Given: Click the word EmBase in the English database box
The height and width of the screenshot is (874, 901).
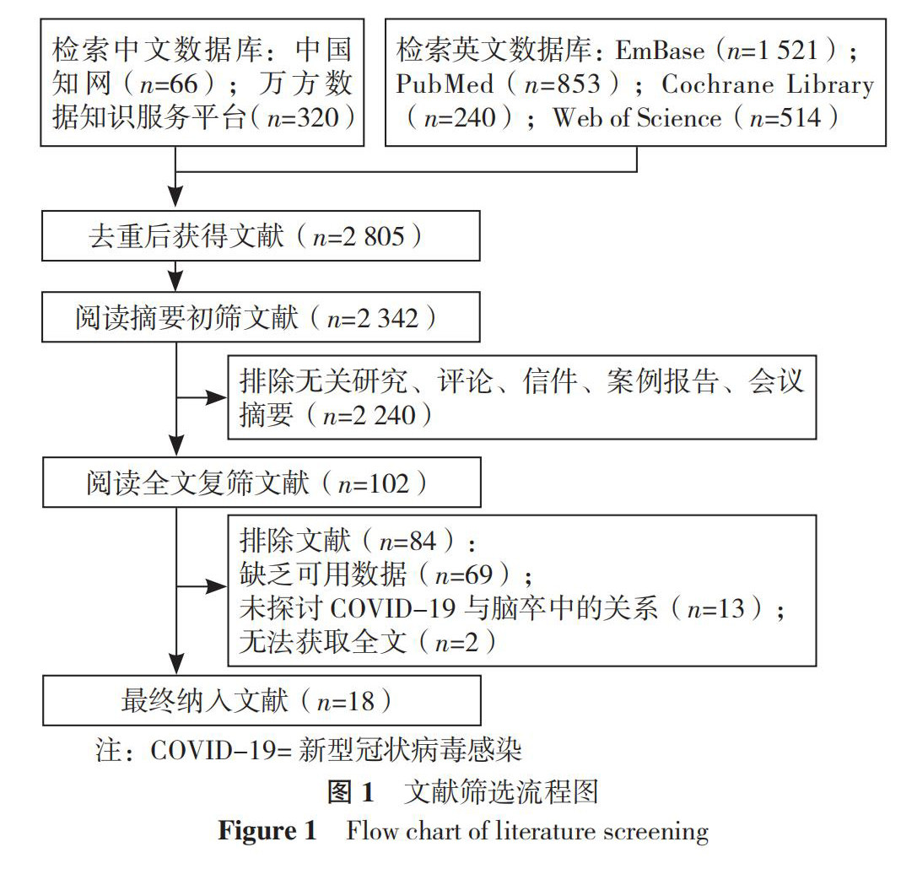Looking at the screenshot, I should (659, 51).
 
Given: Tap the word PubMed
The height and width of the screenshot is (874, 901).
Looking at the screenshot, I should (451, 84).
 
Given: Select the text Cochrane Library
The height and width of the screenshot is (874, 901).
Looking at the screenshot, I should (767, 84).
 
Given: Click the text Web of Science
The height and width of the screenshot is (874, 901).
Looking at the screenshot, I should (637, 118).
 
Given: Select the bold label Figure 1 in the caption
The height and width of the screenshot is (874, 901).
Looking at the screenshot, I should (267, 831).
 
